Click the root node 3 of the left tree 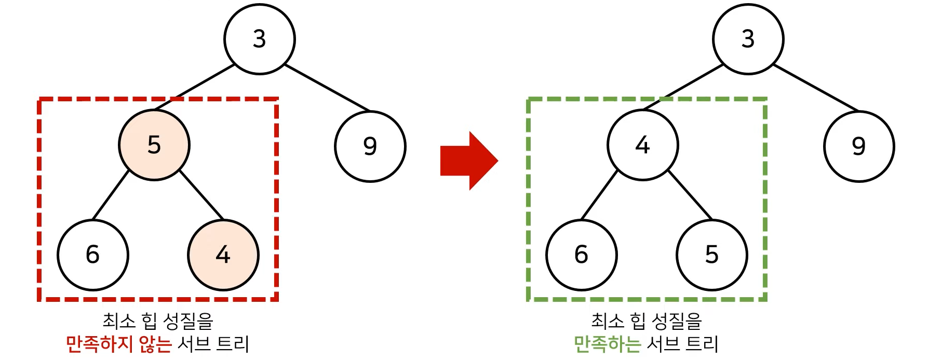pos(260,39)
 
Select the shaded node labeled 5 pos(154,145)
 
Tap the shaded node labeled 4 pos(223,255)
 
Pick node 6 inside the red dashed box pos(92,255)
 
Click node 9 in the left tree pos(370,146)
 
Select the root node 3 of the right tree pos(748,39)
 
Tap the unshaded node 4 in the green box pos(643,145)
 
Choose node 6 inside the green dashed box pos(581,255)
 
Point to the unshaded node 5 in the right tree pos(711,255)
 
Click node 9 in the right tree pos(859,146)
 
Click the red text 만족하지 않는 pos(118,344)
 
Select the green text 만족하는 pos(607,344)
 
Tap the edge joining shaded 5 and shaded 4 pos(201,195)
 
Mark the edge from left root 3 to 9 pos(327,88)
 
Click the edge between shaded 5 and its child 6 pos(111,195)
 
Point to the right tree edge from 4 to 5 pos(690,195)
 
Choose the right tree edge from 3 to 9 pos(816,88)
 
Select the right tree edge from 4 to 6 pos(599,195)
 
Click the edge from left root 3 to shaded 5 pos(195,87)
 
